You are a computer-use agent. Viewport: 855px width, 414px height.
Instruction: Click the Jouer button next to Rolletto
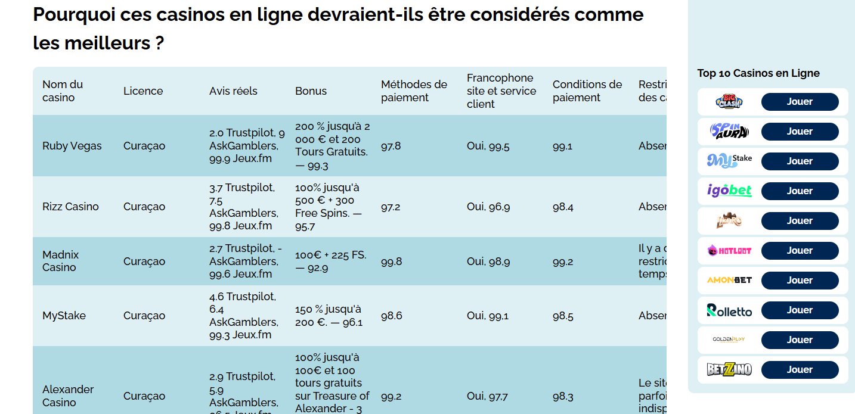(800, 310)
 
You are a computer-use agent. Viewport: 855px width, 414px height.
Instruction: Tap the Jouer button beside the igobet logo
(800, 191)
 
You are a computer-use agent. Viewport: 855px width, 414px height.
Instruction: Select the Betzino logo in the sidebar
(729, 370)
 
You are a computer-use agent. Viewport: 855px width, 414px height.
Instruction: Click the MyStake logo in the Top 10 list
(729, 161)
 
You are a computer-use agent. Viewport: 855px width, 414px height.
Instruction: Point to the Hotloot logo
(729, 251)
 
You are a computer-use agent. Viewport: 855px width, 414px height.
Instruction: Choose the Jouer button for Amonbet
(800, 281)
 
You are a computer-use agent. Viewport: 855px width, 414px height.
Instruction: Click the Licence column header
(143, 91)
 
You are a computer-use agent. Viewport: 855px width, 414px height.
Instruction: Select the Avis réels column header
(233, 91)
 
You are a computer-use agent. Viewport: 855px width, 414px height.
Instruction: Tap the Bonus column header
(311, 91)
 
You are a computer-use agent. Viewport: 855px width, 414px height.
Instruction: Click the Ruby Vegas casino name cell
(72, 146)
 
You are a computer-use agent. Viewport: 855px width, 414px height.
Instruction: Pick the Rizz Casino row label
(70, 207)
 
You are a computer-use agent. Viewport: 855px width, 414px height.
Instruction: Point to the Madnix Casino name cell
(61, 261)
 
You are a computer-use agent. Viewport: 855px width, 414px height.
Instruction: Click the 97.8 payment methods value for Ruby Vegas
(391, 146)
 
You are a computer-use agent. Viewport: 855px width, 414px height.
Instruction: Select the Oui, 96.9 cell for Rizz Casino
(488, 207)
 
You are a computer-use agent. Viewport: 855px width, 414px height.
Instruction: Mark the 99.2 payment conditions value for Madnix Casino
(563, 262)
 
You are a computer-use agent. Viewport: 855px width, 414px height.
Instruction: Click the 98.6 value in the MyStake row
(392, 316)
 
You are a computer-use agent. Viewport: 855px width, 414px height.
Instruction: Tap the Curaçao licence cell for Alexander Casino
(144, 396)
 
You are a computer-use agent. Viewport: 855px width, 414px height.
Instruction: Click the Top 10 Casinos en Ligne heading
(758, 73)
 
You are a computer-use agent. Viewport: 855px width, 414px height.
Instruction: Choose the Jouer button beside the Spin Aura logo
(800, 132)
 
